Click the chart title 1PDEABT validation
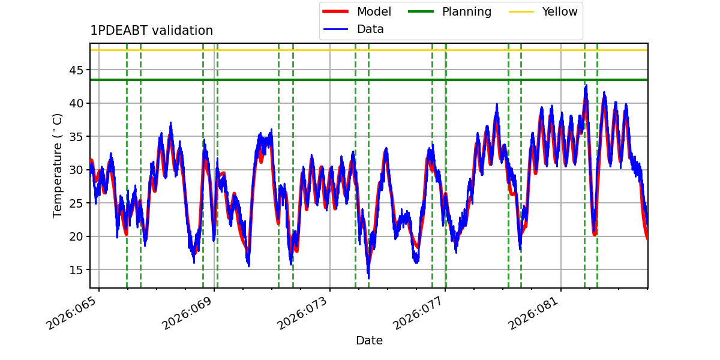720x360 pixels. (151, 31)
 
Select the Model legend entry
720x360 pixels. (357, 11)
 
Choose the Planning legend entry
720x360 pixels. (449, 11)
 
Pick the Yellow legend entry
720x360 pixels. (543, 11)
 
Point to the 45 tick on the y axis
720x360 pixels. (76, 70)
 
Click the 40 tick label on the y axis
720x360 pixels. (76, 103)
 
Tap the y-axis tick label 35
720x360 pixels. (76, 137)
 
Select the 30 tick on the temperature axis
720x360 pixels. (76, 170)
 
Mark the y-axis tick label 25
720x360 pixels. (76, 203)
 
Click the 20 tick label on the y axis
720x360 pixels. (76, 236)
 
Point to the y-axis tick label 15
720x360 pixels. (76, 270)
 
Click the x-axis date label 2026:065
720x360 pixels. (71, 313)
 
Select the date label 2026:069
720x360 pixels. (187, 313)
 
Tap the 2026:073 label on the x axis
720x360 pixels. (302, 313)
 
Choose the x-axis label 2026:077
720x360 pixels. (418, 313)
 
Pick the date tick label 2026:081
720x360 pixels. (533, 313)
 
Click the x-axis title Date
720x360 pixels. (369, 340)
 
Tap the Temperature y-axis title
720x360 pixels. (57, 166)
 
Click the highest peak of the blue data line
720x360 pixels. (586, 85)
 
